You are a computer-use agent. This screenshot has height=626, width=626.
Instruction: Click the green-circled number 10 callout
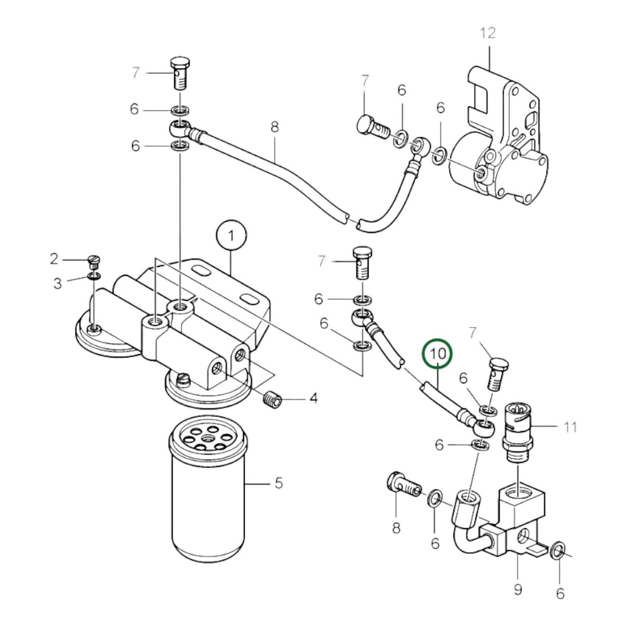pos(438,354)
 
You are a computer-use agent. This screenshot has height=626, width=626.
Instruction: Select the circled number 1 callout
pos(231,236)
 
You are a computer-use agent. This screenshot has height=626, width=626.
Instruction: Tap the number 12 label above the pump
pos(487,33)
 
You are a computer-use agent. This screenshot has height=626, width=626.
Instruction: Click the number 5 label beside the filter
pos(279,482)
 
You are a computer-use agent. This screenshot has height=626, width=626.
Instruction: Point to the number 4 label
pos(313,398)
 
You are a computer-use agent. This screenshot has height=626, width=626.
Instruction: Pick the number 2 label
pos(54,259)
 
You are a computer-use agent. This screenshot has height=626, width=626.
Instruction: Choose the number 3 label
pos(57,284)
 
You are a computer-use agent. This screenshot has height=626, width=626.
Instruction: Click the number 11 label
pos(570,427)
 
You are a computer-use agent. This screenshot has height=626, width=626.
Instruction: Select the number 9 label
pos(518,589)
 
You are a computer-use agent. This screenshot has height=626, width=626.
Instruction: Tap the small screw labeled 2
pos(94,261)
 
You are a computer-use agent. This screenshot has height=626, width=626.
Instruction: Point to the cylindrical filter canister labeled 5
pos(208,490)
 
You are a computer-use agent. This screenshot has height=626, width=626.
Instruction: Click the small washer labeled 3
pos(94,276)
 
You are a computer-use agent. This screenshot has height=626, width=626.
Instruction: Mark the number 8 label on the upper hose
pos(274,127)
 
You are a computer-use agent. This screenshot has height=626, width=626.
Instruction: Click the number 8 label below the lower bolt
pos(396,528)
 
